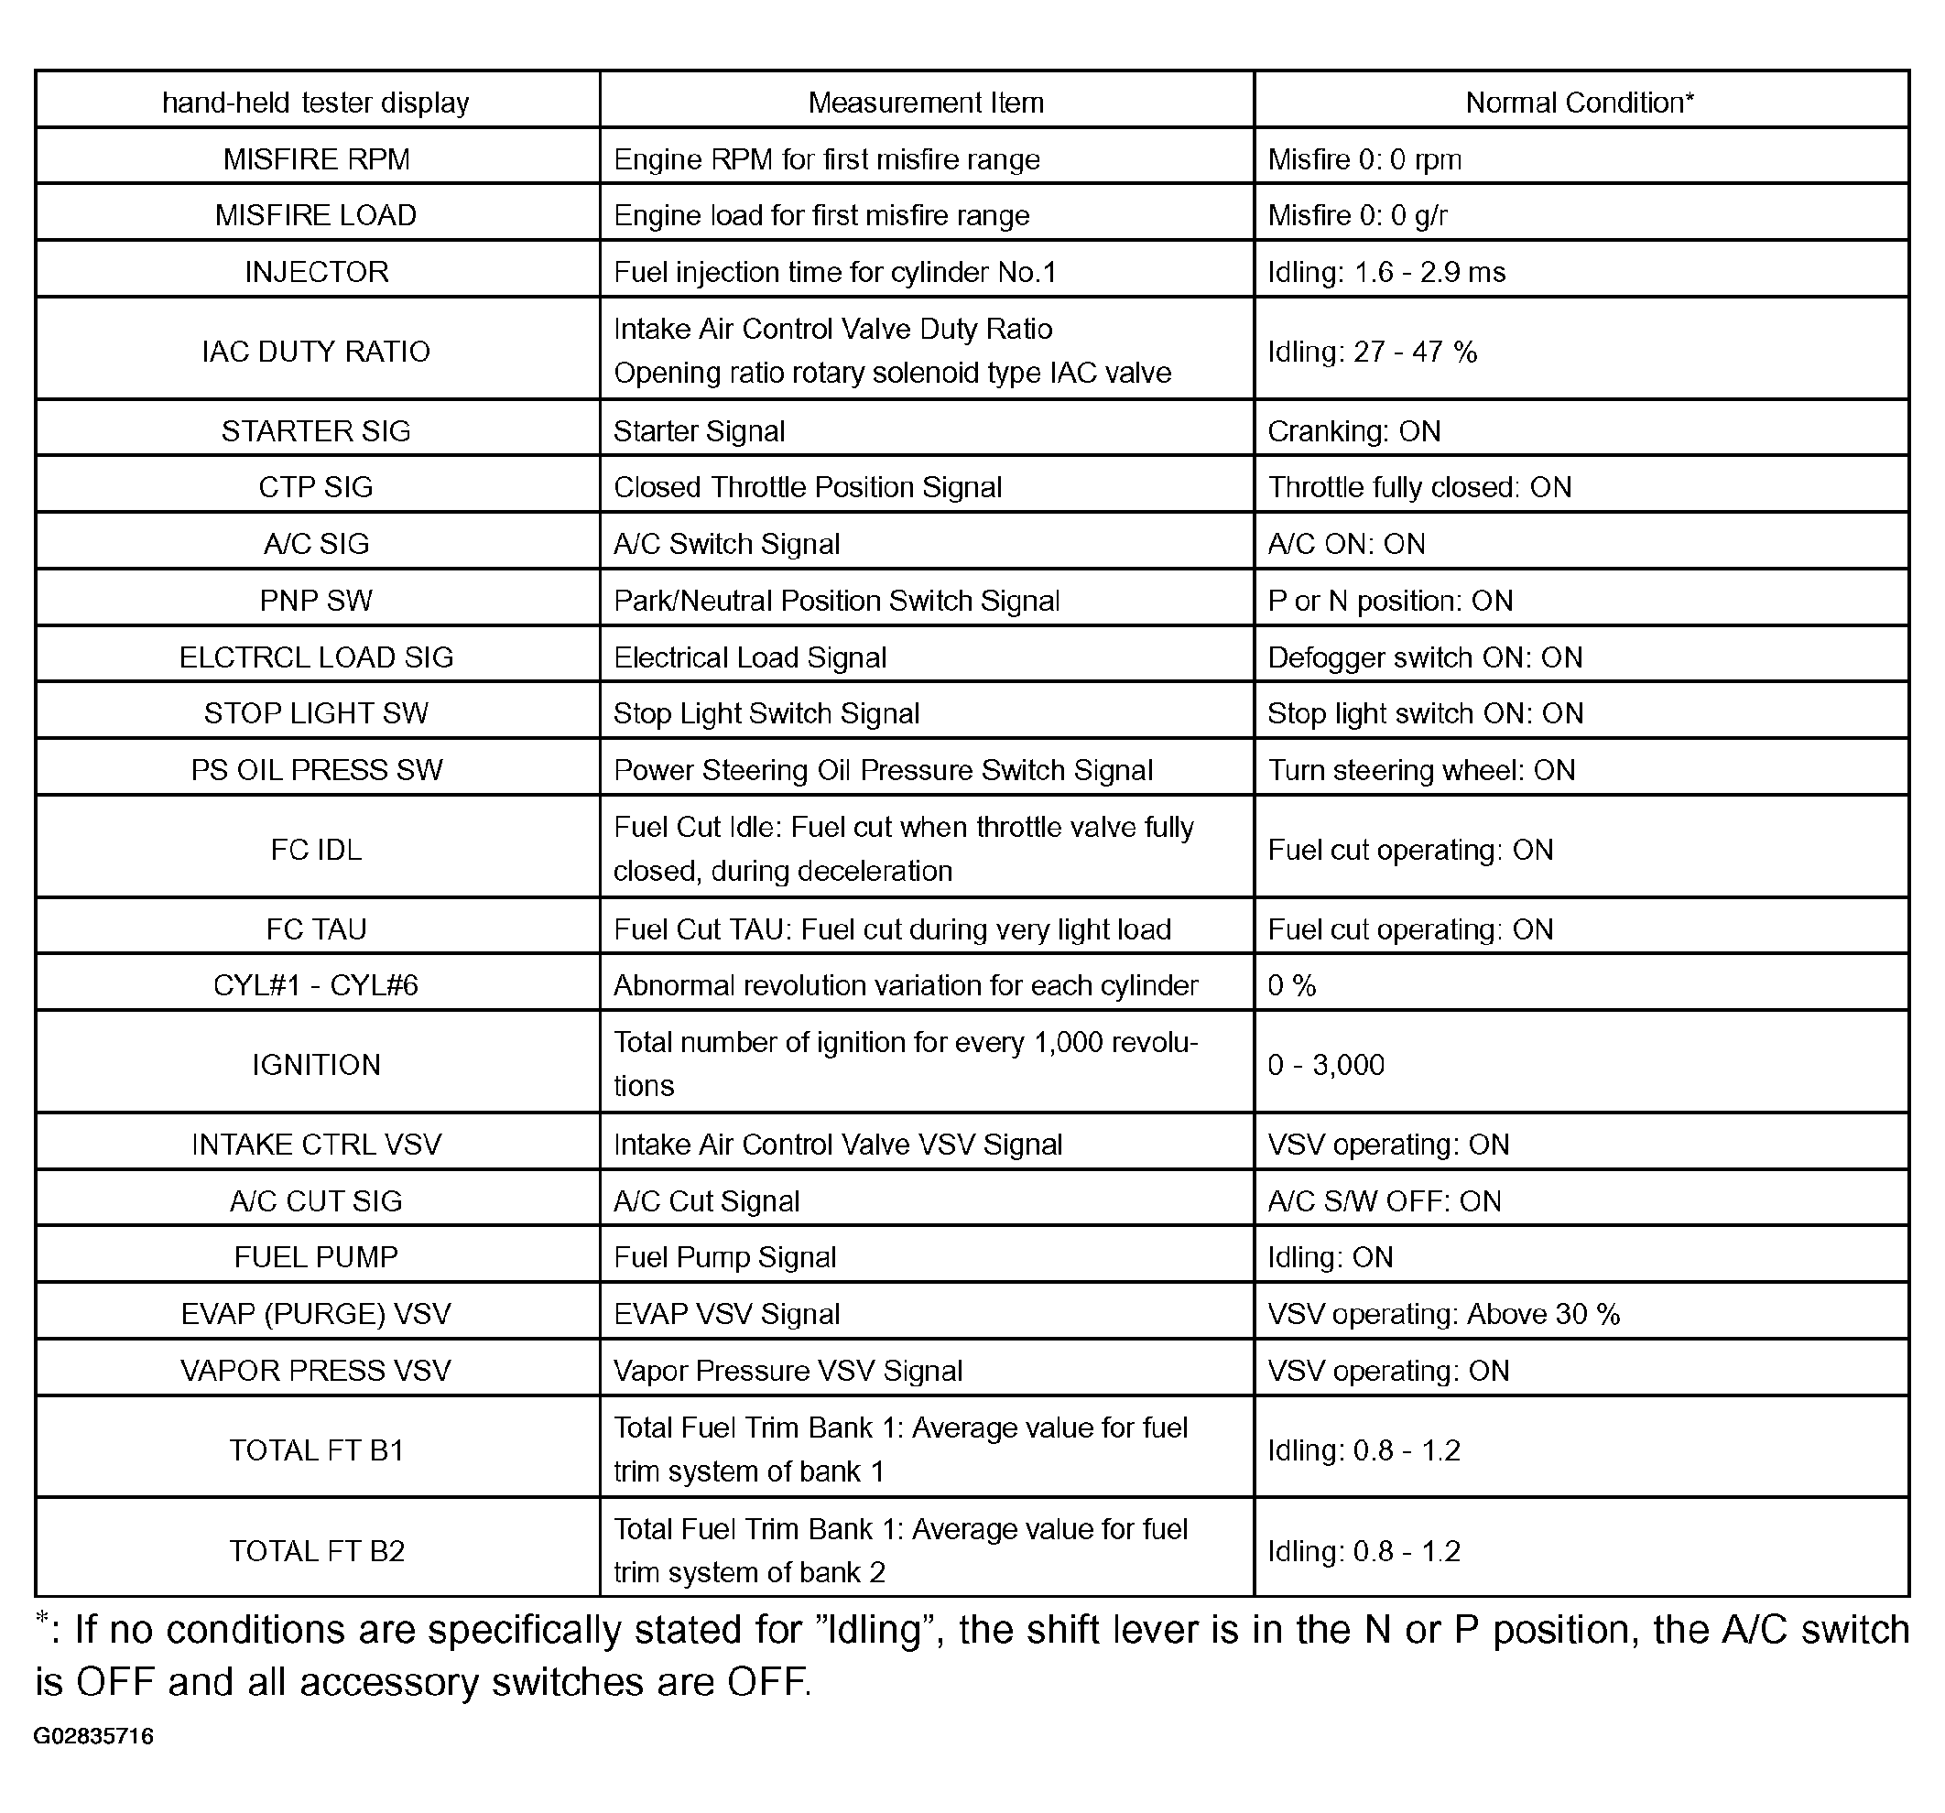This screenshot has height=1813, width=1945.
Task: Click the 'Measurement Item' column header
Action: (926, 102)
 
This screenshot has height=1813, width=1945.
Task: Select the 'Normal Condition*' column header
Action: (1579, 102)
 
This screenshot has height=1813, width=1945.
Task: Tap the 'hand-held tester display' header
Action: (315, 102)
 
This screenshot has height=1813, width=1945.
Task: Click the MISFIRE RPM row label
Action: (316, 158)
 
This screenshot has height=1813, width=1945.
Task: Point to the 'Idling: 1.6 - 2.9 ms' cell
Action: (1385, 271)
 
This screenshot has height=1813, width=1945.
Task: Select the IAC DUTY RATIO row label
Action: (316, 352)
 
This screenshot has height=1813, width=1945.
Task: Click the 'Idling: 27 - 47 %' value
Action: (1372, 352)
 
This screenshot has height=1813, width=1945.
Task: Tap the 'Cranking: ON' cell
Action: (1354, 430)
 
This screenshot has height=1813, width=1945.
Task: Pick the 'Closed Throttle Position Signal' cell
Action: (807, 487)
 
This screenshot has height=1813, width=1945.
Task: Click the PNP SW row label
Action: (316, 600)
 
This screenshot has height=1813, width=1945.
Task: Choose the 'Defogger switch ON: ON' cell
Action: (1425, 657)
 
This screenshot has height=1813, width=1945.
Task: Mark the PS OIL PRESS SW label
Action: (316, 770)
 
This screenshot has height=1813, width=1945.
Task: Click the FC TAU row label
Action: (316, 928)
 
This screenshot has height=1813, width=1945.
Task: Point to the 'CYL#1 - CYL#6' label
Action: (316, 984)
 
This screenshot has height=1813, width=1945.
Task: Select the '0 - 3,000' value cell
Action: (1326, 1065)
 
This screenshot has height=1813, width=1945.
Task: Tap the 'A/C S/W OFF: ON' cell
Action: (1384, 1200)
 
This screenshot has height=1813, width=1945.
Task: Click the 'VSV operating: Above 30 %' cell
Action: (1443, 1313)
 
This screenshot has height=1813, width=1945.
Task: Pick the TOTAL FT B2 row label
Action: (316, 1551)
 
